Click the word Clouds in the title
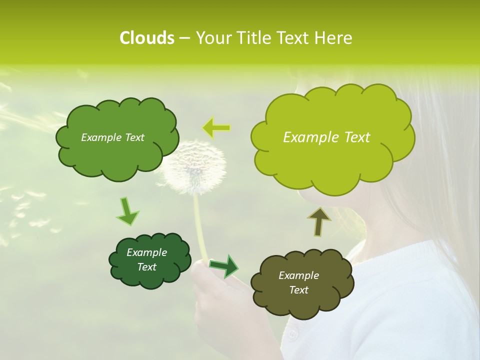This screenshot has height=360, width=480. [146, 38]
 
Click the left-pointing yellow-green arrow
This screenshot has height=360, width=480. [216, 128]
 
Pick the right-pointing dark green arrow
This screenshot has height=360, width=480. [224, 266]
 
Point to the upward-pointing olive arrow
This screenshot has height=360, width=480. [318, 221]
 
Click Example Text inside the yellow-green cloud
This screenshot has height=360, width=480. [326, 137]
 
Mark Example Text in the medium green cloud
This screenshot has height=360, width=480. [112, 137]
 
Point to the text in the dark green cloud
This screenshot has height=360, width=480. [146, 260]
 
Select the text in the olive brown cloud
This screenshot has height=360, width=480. [298, 282]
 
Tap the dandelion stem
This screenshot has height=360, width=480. [200, 225]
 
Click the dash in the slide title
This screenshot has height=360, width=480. [184, 38]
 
